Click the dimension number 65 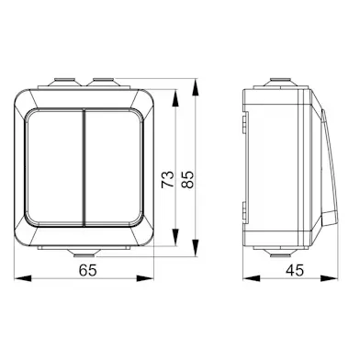[88, 270]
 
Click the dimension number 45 [295, 270]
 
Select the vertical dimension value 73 [168, 179]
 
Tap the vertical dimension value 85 [187, 179]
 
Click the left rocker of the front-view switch [54, 167]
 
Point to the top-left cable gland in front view [64, 82]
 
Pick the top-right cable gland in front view [103, 82]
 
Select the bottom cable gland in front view [84, 253]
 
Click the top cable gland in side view [280, 82]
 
